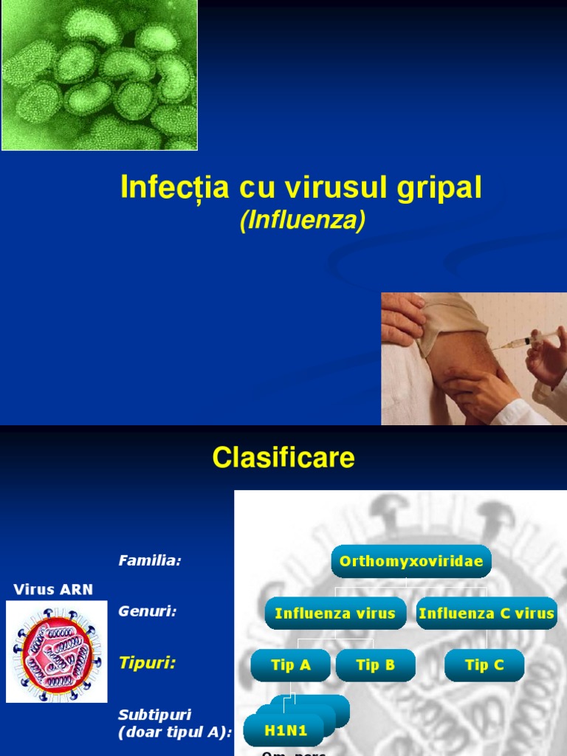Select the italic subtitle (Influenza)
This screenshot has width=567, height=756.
point(303,221)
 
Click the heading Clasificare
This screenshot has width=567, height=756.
point(283,458)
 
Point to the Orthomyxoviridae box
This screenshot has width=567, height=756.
point(411,562)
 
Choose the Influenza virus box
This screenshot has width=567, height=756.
point(335,614)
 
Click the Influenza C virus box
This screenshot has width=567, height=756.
point(487,614)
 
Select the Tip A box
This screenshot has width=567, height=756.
point(291,665)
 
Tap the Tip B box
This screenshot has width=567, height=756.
point(375,665)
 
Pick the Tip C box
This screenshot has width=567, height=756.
point(484,665)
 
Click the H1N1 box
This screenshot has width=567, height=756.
point(286,731)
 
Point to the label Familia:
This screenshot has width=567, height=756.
point(150,561)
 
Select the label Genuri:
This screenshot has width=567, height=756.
point(148,611)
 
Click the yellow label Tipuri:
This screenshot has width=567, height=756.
point(148,663)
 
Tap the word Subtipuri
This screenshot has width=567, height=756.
point(155,715)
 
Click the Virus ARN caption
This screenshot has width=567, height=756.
point(53,589)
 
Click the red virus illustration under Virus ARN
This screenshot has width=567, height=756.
point(56,650)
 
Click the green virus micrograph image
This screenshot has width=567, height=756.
point(100,75)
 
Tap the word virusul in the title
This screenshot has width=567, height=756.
point(319,188)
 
